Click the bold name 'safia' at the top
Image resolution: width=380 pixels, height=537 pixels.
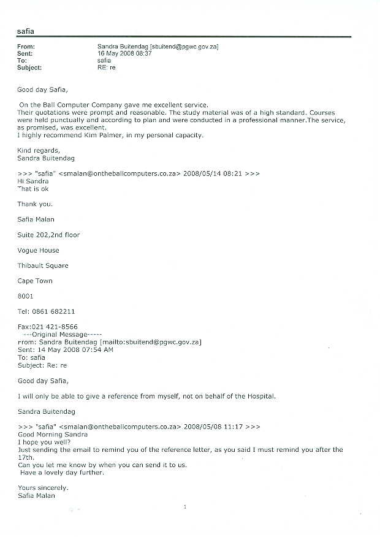[26, 31]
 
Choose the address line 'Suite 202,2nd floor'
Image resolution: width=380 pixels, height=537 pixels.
[48, 235]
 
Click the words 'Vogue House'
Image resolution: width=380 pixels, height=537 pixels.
[38, 250]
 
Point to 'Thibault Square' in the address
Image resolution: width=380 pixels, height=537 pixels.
[43, 265]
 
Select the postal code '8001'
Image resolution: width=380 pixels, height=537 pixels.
[26, 296]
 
